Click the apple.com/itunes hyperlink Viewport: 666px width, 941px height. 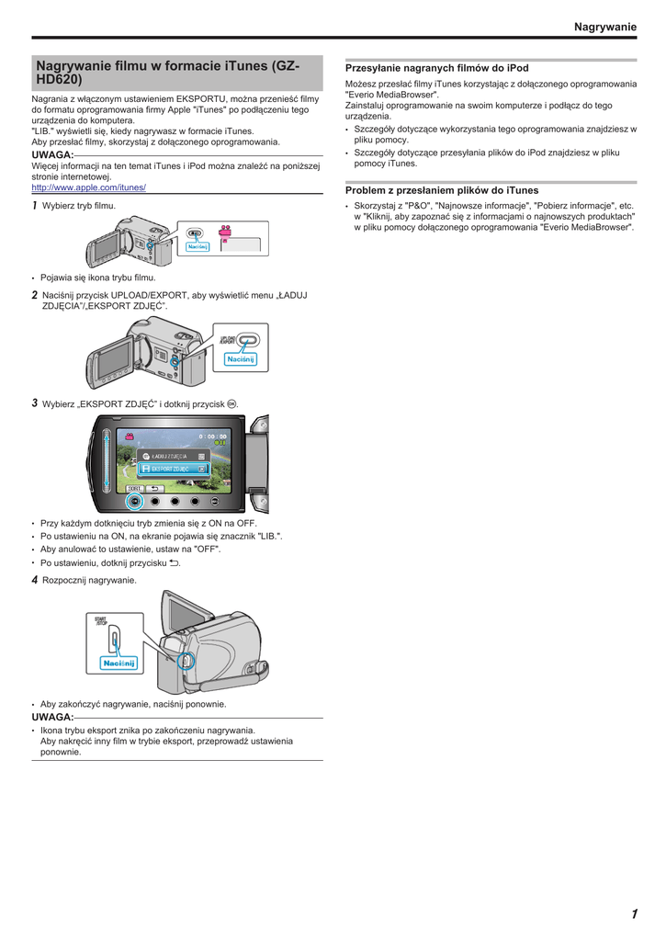pos(89,187)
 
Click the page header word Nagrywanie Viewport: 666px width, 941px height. pos(604,28)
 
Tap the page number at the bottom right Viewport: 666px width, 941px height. pos(634,913)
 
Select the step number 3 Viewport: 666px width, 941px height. pos(35,403)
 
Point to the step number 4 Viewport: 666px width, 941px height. pos(35,580)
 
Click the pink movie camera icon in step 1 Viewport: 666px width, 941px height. pos(225,232)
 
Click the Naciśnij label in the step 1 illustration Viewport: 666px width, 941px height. pos(198,246)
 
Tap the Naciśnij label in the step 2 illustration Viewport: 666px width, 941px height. pos(239,358)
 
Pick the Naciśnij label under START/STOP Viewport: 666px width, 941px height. pos(119,663)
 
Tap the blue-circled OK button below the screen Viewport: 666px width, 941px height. pos(135,502)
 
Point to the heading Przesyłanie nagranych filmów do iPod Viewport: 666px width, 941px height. pos(436,68)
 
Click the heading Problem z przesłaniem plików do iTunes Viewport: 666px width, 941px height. pos(442,190)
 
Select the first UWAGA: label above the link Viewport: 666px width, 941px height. pos(52,154)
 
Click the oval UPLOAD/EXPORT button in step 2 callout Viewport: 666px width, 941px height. pos(248,340)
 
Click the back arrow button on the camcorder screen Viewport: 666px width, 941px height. pos(154,489)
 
